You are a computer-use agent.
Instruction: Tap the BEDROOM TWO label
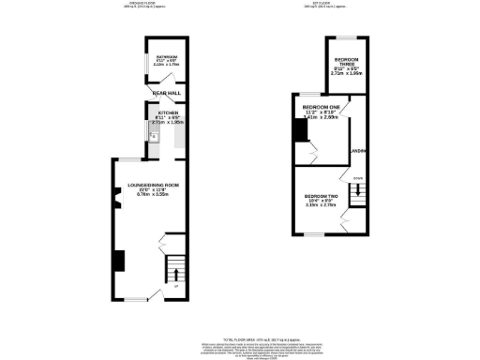pos(321,197)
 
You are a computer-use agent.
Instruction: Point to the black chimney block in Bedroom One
pos(301,131)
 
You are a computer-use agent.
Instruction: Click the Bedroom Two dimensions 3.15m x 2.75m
pos(321,206)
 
